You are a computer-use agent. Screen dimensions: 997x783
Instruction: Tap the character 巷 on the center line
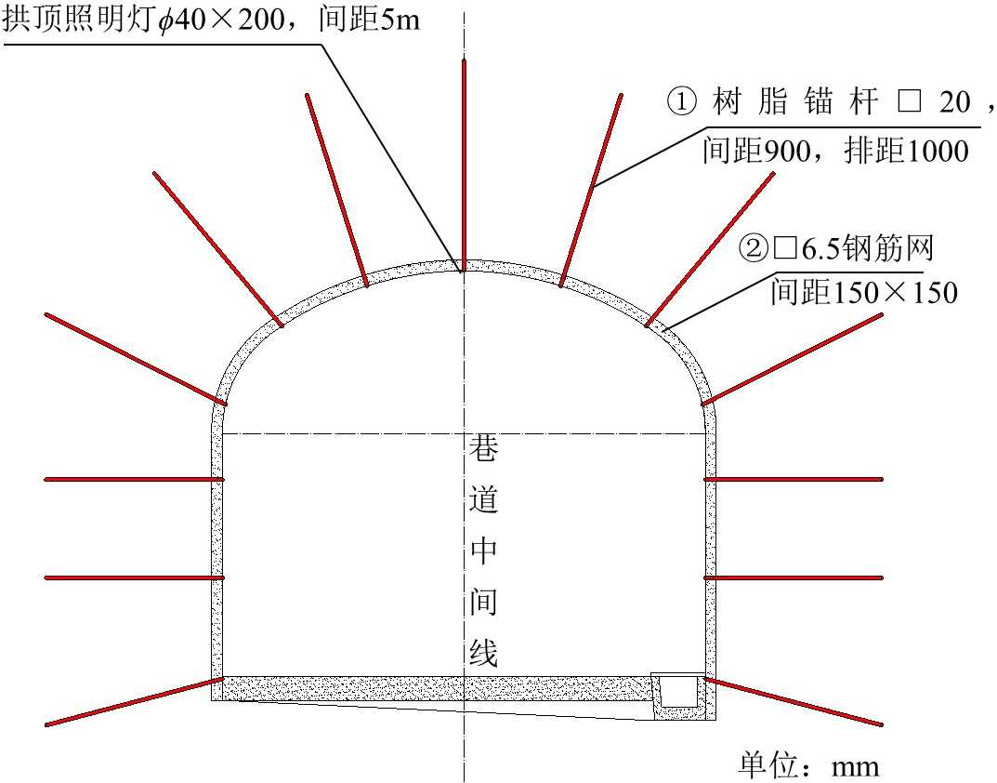[x=483, y=453]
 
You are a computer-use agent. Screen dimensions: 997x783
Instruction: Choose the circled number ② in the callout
[x=751, y=248]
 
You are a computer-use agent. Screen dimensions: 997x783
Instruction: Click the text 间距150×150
[x=863, y=293]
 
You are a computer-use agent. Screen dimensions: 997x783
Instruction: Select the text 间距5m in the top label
[x=380, y=20]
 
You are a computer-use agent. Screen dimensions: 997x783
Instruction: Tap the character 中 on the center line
[x=483, y=553]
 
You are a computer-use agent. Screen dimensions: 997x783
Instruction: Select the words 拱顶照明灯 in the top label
[x=78, y=20]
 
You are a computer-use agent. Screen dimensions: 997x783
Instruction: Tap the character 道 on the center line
[x=483, y=501]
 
